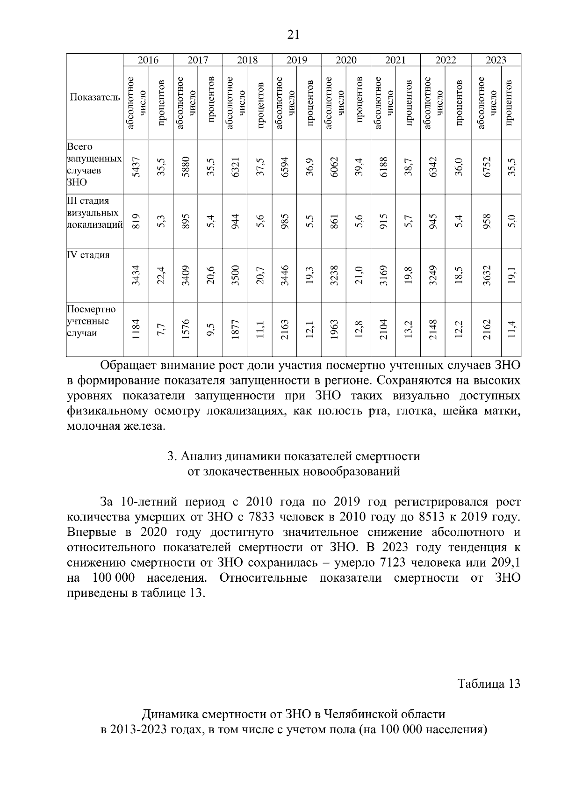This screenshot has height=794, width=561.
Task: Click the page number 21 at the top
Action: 293,35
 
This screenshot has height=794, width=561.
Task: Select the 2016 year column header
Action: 148,60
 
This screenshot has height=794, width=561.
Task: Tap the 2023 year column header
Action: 496,60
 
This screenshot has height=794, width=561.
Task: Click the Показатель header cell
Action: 95,97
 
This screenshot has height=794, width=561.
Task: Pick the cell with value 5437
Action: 136,166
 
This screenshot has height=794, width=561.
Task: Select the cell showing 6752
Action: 486,166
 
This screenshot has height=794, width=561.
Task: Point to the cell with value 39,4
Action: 359,166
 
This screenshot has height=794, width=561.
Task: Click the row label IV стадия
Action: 89,255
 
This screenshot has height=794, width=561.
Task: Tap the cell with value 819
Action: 136,221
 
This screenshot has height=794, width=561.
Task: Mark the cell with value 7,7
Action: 161,329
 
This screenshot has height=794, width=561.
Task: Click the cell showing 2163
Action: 284,329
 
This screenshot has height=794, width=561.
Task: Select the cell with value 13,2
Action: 408,329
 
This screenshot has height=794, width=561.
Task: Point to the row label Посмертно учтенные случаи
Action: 92,321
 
